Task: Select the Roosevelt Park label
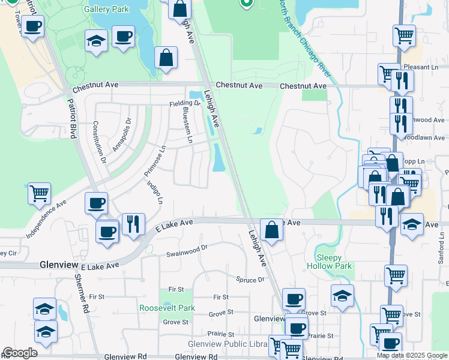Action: click(x=167, y=308)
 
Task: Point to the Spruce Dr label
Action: click(x=250, y=280)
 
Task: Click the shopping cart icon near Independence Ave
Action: click(x=39, y=193)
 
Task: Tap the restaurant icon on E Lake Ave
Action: click(x=133, y=224)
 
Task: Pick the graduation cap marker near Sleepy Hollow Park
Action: click(x=342, y=296)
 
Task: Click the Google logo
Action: click(x=20, y=353)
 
